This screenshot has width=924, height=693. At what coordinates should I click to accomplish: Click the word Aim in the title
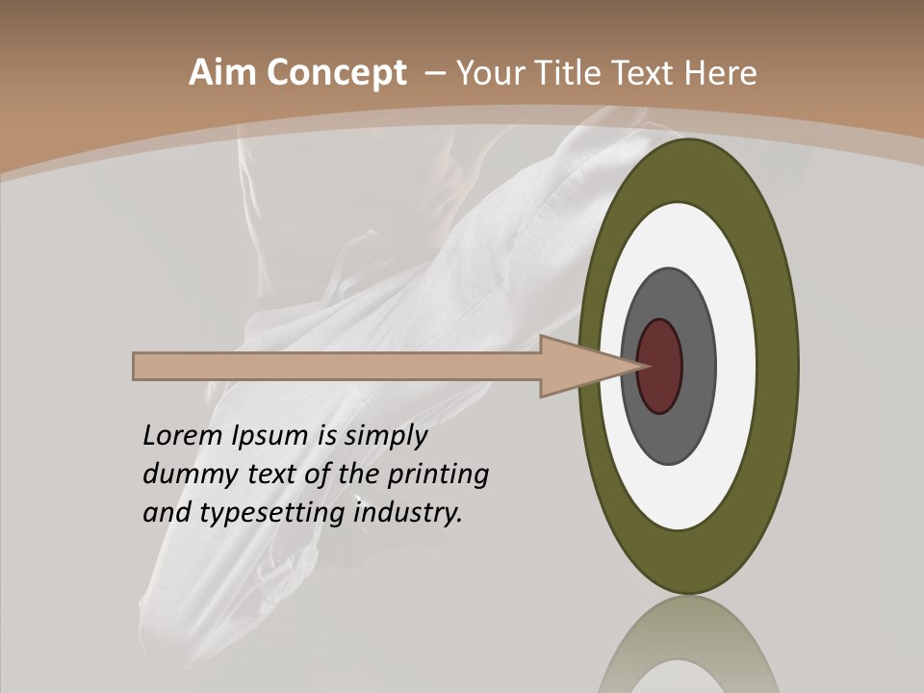coord(222,73)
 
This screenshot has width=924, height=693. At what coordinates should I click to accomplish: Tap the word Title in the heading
coord(575,73)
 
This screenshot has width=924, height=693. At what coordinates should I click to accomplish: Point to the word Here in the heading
coord(720,73)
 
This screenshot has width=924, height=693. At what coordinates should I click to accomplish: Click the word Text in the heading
coord(648,73)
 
